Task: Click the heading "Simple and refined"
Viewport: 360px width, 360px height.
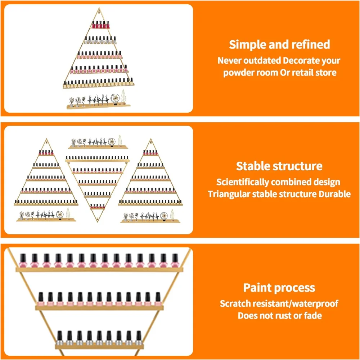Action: pos(279,44)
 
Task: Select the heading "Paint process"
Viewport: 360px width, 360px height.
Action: pos(279,287)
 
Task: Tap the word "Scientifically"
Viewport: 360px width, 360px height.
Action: pos(243,182)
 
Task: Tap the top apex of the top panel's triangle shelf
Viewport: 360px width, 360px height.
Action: pos(99,8)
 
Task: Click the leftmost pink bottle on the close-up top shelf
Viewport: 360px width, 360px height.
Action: pos(23,261)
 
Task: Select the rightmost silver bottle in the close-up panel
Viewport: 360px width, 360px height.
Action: pos(139,338)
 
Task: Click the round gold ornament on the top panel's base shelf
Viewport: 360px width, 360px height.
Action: pos(115,98)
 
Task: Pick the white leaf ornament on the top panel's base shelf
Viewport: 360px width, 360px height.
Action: pos(123,96)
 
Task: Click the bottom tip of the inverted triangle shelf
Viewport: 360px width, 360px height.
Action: pos(97,222)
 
